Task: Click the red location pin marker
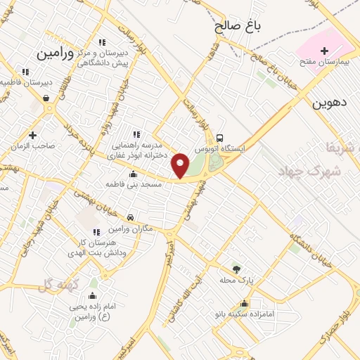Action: (x=181, y=165)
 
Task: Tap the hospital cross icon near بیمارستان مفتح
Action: (x=324, y=51)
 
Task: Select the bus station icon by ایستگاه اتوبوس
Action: (x=220, y=138)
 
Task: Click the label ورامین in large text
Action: (x=56, y=53)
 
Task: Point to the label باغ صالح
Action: (x=238, y=27)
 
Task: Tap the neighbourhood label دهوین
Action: (x=330, y=102)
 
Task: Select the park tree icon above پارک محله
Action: (x=236, y=269)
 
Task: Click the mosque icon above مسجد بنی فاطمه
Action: (x=134, y=174)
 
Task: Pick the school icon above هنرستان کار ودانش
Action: (x=96, y=232)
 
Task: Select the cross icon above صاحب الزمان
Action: (x=32, y=135)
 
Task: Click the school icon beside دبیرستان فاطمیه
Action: (x=25, y=72)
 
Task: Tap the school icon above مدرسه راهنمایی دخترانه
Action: (x=136, y=134)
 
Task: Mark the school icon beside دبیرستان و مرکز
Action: (x=103, y=42)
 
